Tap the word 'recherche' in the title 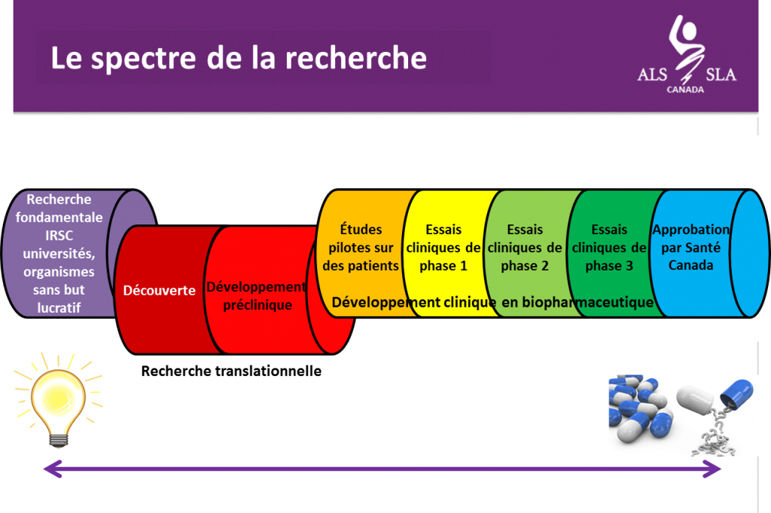tap(356, 57)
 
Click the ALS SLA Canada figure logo tap(687, 49)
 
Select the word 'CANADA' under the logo tap(685, 90)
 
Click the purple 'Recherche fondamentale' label tap(59, 253)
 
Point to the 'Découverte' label tap(160, 290)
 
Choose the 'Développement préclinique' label tap(257, 295)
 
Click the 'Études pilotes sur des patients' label tap(361, 247)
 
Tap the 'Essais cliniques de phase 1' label tap(443, 247)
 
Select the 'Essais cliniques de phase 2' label tap(525, 247)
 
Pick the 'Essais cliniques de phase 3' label tap(608, 247)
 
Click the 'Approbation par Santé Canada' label tap(691, 247)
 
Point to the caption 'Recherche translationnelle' tap(231, 371)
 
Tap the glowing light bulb tap(58, 399)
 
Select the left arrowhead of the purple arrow tap(53, 469)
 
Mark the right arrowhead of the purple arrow tap(712, 469)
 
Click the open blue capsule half tap(736, 392)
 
